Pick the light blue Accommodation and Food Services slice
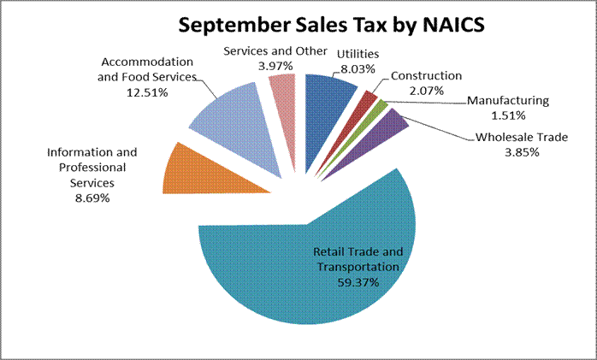point(229,120)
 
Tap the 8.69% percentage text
point(92,198)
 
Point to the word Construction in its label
point(426,76)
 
